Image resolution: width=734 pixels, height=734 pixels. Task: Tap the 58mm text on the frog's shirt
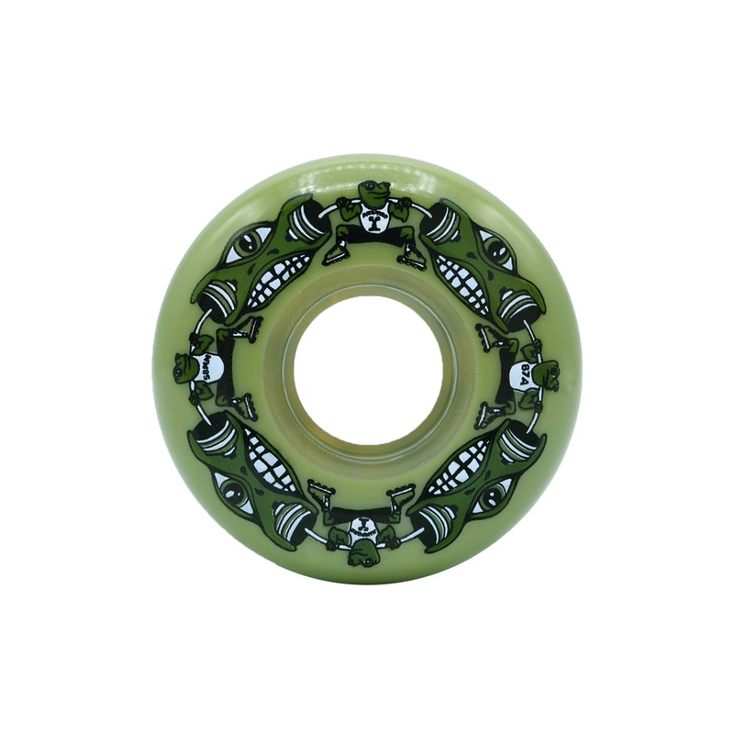(207, 365)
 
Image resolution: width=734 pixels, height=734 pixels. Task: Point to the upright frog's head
(371, 194)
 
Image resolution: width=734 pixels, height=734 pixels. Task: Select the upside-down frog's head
(363, 549)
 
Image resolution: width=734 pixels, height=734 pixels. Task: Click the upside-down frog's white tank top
(363, 526)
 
